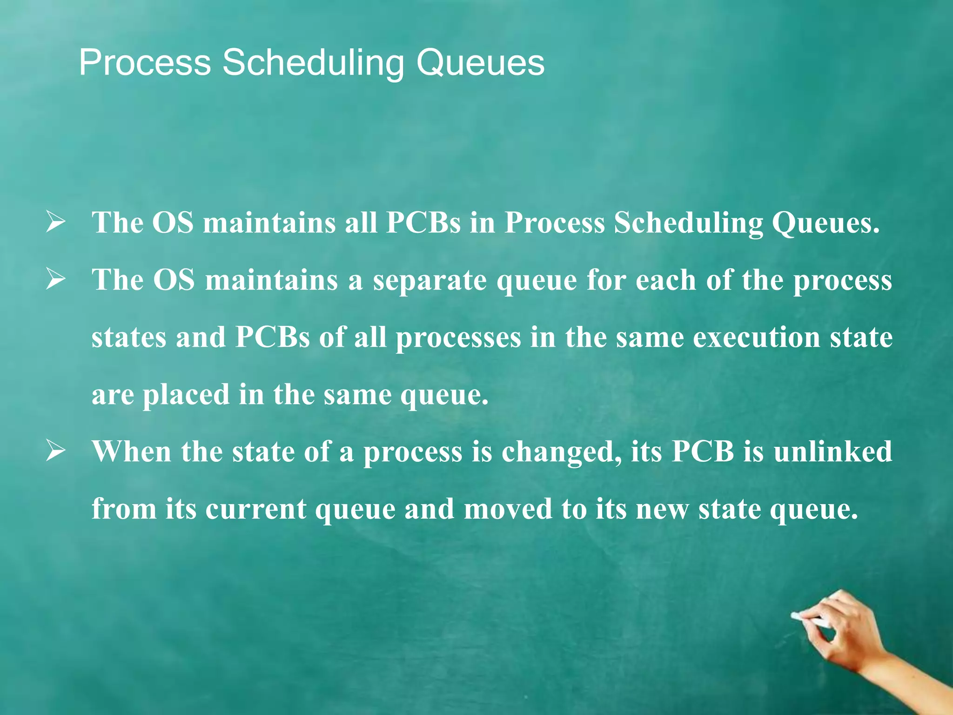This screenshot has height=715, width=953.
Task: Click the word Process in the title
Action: tap(145, 62)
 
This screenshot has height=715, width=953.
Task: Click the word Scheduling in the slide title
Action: tap(313, 63)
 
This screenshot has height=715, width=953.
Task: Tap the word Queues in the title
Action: tap(480, 63)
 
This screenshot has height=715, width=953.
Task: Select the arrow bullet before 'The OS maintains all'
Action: tap(55, 223)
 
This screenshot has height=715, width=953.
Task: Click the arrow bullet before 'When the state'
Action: tap(55, 452)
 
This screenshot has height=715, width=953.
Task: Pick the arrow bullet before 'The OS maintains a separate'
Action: tap(55, 280)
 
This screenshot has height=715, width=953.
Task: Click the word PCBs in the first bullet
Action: tap(423, 223)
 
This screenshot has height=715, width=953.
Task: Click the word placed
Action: tap(186, 395)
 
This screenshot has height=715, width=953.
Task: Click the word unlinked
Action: tap(832, 452)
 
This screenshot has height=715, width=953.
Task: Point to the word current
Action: tap(255, 509)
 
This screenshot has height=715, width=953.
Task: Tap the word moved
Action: tap(507, 509)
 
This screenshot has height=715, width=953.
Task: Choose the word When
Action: tap(132, 452)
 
